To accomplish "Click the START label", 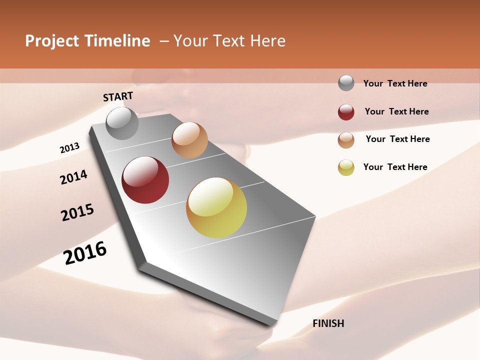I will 118,96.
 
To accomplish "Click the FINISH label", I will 328,323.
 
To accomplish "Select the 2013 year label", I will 69,148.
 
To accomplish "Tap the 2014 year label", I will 73,177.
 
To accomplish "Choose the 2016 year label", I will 85,253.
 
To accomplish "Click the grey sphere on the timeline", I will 122,123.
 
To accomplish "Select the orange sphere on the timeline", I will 189,140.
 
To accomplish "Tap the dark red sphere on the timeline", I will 145,180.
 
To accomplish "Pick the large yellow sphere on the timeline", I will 216,207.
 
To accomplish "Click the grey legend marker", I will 346,83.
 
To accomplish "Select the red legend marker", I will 346,112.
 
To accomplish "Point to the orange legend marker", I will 346,140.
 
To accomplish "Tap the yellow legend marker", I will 346,167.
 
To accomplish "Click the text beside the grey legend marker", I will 395,83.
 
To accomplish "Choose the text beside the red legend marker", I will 396,111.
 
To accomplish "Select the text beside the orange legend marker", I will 397,139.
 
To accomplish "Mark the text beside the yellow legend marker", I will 395,167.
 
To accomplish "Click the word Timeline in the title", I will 117,41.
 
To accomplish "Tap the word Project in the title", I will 51,41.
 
